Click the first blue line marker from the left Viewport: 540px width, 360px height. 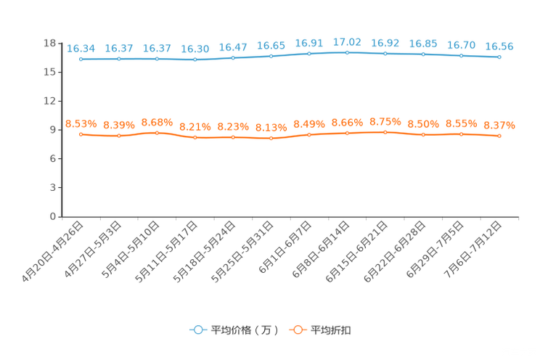pyautogui.click(x=81, y=59)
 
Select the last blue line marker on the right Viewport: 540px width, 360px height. pyautogui.click(x=499, y=57)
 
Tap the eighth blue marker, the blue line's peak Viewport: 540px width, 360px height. pyautogui.click(x=348, y=52)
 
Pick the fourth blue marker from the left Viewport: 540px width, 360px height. pyautogui.click(x=195, y=60)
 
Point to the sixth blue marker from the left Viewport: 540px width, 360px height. pyautogui.click(x=271, y=56)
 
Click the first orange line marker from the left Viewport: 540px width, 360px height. pyautogui.click(x=81, y=134)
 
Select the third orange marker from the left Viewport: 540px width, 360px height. pyautogui.click(x=157, y=132)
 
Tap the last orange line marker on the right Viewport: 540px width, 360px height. pyautogui.click(x=499, y=136)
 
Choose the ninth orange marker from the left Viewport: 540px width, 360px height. pyautogui.click(x=385, y=132)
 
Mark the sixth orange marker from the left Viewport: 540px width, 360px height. pyautogui.click(x=271, y=138)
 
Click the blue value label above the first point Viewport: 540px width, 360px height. pyautogui.click(x=81, y=48)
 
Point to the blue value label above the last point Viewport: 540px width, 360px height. pyautogui.click(x=499, y=46)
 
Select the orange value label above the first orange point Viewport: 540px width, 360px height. pyautogui.click(x=81, y=123)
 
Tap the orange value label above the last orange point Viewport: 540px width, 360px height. pyautogui.click(x=499, y=125)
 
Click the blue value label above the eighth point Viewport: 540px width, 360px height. pyautogui.click(x=348, y=42)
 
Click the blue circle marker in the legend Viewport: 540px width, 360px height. pyautogui.click(x=198, y=330)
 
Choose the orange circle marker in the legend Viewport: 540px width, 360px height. pyautogui.click(x=298, y=330)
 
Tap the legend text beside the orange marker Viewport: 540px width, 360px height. pyautogui.click(x=331, y=330)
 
